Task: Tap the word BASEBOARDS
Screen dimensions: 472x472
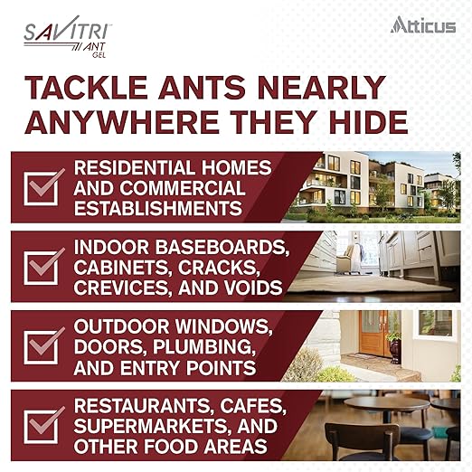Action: coord(207,247)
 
